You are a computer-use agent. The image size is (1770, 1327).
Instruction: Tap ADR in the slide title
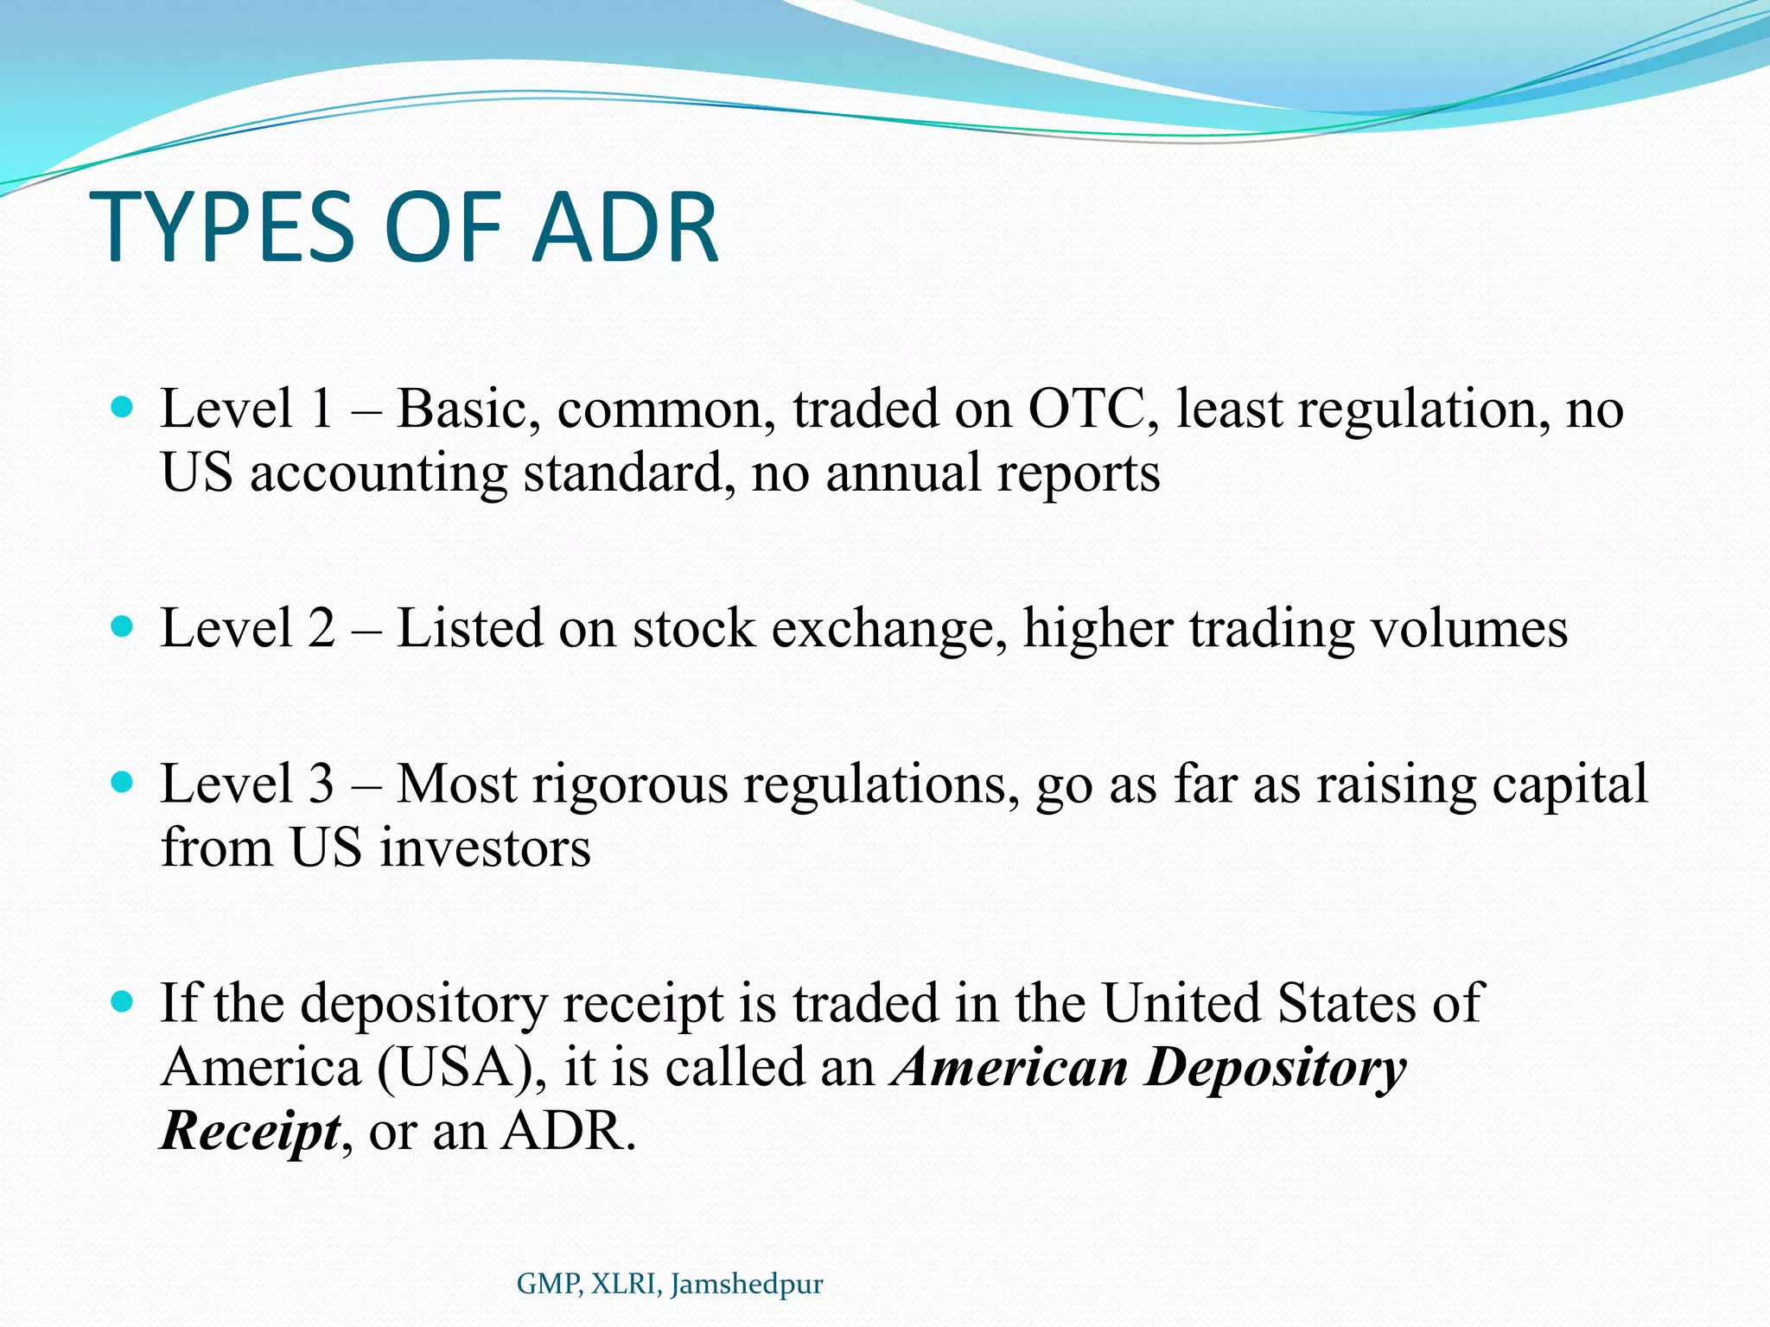(624, 228)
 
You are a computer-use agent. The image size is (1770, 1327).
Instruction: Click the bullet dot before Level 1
(123, 406)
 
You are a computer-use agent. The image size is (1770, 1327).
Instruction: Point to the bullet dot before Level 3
(123, 782)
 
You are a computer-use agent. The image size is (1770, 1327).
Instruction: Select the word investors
(485, 848)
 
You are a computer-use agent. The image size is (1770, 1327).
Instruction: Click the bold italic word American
(1012, 1067)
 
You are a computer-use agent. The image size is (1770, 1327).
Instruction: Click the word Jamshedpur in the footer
(747, 1284)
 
